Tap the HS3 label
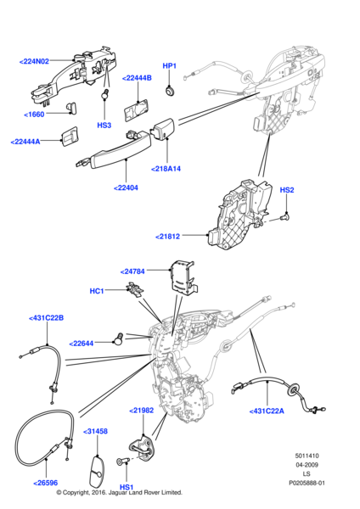point(104,126)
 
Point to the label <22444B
point(137,78)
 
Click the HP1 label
point(169,65)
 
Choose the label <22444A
point(31,142)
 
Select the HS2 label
point(286,191)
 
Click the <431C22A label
point(268,411)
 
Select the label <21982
point(142,410)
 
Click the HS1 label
point(127,488)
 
